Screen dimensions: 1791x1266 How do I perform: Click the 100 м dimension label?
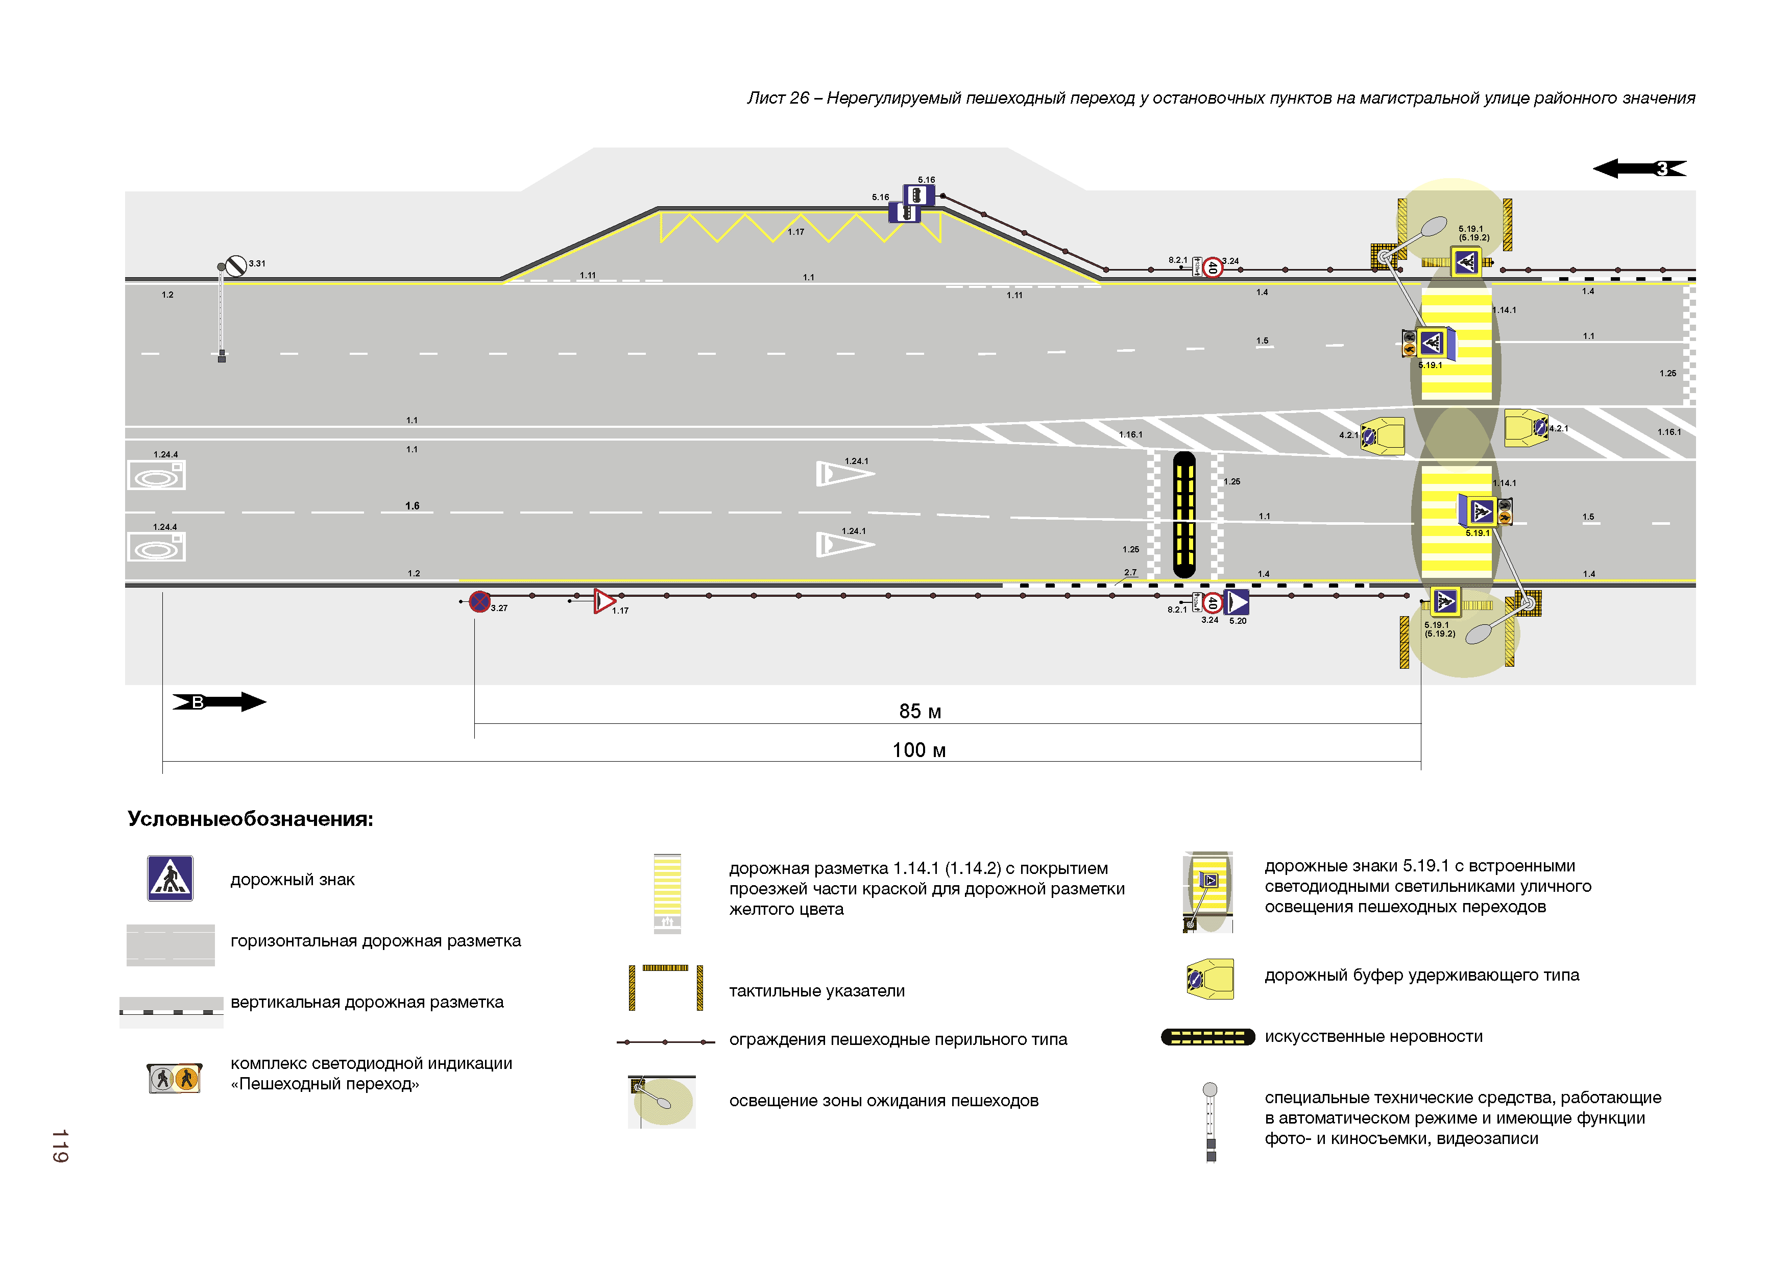[x=919, y=750]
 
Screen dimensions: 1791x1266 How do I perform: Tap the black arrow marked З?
[x=1639, y=168]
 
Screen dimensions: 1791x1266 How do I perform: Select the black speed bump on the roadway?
[x=1183, y=515]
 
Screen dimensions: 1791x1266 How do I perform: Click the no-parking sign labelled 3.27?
[x=480, y=601]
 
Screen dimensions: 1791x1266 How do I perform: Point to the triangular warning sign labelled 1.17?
[x=604, y=601]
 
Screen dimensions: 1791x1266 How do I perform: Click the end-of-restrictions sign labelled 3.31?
[x=235, y=266]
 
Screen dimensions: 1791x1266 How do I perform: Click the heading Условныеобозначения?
[x=250, y=819]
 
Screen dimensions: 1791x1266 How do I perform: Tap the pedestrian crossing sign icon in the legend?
[x=170, y=879]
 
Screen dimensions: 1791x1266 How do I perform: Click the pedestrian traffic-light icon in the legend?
[x=175, y=1078]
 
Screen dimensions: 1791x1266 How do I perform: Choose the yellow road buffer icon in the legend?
[x=1210, y=979]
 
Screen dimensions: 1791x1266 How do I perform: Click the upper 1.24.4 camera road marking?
[x=156, y=475]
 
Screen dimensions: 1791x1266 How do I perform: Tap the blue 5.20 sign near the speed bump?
[x=1237, y=602]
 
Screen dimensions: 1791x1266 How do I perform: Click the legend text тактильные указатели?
[x=817, y=991]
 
